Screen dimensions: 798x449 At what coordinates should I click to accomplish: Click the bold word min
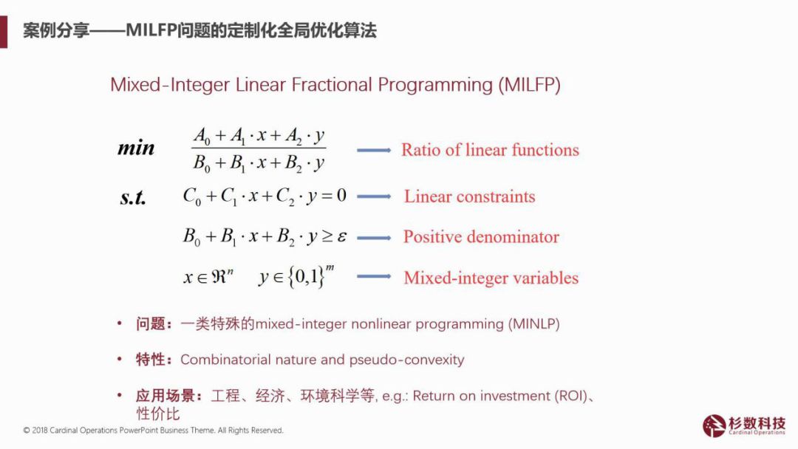[136, 148]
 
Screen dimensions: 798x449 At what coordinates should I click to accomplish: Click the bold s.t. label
[133, 197]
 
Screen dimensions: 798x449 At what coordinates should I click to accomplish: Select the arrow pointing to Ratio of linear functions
[374, 151]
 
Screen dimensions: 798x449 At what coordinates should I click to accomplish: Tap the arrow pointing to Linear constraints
[374, 196]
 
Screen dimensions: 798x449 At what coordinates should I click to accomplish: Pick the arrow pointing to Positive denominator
[374, 238]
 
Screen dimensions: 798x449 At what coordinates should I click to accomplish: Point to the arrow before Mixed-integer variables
[374, 277]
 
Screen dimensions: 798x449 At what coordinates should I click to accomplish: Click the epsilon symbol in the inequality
[341, 237]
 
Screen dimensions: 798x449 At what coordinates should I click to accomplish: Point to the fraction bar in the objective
[259, 148]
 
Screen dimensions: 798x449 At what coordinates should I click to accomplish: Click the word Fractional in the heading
[332, 84]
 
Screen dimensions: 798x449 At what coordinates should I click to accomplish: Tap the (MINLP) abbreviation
[534, 324]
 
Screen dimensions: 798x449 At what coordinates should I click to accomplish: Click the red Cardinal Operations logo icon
[714, 425]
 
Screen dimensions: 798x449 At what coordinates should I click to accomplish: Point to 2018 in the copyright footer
[40, 431]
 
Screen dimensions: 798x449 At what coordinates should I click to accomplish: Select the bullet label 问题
[150, 324]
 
